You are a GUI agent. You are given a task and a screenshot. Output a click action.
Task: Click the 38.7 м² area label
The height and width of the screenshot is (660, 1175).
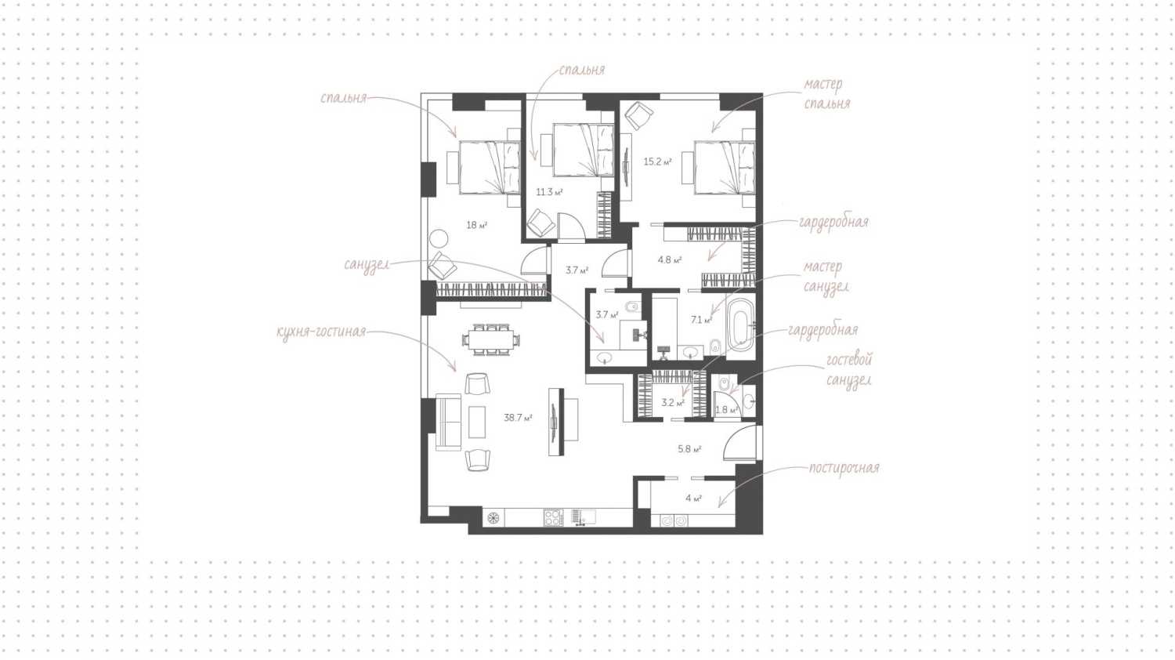(518, 418)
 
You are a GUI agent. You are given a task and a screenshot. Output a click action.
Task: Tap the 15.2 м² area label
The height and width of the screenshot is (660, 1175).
(657, 162)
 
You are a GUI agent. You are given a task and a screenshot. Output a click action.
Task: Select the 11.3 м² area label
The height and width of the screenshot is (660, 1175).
(549, 192)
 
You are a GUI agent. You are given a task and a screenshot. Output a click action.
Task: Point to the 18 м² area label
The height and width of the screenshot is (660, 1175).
(476, 225)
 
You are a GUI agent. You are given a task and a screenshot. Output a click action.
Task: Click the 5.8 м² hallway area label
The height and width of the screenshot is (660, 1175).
(689, 449)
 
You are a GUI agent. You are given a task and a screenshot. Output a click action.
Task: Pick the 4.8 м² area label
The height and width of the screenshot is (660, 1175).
(669, 259)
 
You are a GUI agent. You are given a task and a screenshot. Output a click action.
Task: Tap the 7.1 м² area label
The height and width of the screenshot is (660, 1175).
(700, 320)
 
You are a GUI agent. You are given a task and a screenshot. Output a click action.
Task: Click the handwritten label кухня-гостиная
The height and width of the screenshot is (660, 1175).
(321, 332)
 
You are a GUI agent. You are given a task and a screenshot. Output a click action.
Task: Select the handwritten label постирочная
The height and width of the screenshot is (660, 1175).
(844, 468)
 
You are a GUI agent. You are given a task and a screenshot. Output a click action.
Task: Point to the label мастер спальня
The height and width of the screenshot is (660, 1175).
(826, 94)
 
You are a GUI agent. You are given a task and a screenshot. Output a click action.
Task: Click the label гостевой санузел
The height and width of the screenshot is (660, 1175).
(848, 370)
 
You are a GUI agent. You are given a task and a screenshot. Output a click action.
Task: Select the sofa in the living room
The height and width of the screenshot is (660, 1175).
(449, 422)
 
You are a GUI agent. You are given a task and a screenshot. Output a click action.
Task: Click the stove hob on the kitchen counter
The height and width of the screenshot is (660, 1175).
(553, 517)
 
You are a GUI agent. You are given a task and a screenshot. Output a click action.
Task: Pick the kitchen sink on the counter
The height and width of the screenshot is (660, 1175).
(584, 517)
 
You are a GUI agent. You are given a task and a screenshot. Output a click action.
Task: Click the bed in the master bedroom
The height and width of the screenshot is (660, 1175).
(725, 167)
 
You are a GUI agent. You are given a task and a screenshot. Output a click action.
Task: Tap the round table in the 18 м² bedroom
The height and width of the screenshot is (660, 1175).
(437, 238)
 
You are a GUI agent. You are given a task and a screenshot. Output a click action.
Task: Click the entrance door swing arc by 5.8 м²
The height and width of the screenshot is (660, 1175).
(739, 443)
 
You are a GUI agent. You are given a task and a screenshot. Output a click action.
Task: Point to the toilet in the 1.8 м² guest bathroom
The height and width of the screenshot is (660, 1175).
(725, 383)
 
